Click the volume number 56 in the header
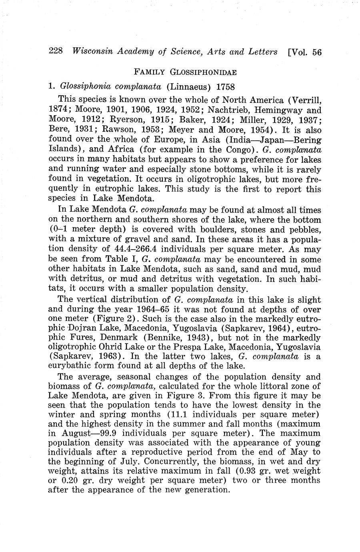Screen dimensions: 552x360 (317, 52)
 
